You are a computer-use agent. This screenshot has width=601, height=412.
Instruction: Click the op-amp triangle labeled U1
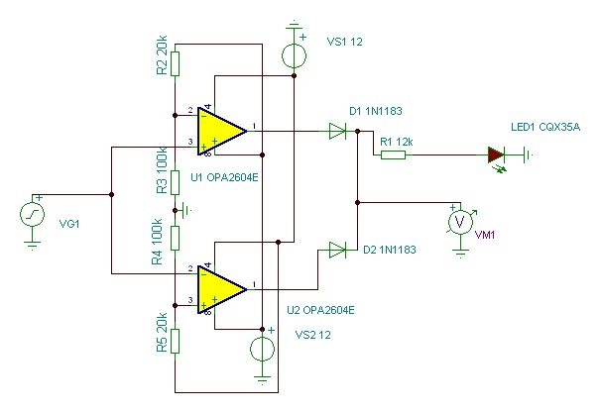point(220,132)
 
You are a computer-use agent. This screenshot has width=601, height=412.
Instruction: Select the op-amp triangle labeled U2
point(220,289)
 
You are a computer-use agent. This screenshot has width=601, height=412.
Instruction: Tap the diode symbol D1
point(337,132)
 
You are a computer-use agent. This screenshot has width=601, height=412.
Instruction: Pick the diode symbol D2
point(337,250)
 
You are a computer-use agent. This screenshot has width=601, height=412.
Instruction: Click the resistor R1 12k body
point(393,154)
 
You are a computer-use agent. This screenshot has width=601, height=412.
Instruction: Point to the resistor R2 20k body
point(175,64)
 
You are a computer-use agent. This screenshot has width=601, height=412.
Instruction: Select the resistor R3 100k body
point(175,182)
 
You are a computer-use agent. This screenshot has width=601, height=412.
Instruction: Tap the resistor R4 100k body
point(175,238)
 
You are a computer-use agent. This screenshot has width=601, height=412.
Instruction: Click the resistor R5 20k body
point(175,341)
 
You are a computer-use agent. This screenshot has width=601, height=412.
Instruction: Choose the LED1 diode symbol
point(496,155)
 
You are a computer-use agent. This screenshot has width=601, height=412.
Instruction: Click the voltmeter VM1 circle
point(460,222)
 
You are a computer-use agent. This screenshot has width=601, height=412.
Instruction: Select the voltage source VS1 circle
point(294,55)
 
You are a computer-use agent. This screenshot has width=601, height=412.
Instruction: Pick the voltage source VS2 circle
point(262,349)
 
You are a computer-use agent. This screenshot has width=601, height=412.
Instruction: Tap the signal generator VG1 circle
point(32,215)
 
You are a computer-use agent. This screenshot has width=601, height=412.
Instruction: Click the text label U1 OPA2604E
point(224,177)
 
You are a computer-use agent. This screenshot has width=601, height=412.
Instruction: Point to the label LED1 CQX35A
point(545,127)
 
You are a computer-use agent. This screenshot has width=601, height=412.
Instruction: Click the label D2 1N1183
point(390,250)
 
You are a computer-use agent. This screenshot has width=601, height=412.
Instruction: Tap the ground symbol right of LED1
point(528,155)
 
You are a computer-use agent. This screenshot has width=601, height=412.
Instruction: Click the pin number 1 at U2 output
point(254,284)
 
